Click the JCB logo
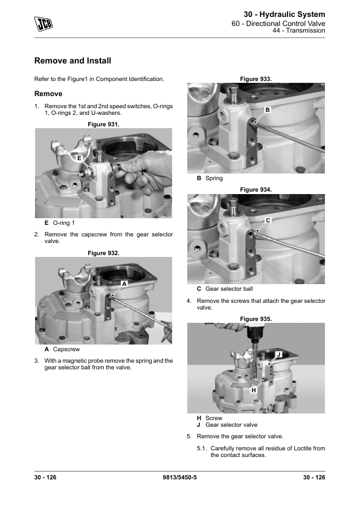pos(43,24)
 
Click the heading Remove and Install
pos(72,60)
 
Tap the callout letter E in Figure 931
pos(79,158)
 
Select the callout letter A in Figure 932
pos(124,284)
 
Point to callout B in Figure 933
pos(268,110)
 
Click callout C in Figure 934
pos(268,221)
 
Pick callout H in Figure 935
pos(254,390)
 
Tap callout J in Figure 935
pos(278,354)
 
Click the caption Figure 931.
pos(103,125)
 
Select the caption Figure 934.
pos(256,190)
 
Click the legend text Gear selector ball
pos(229,288)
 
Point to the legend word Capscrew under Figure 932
pos(66,349)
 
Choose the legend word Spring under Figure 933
pos(214,178)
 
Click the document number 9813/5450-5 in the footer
pos(180,477)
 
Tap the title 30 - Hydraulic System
pos(284,15)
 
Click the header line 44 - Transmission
pos(299,30)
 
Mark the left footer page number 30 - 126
pos(45,477)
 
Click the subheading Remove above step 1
pos(48,94)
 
